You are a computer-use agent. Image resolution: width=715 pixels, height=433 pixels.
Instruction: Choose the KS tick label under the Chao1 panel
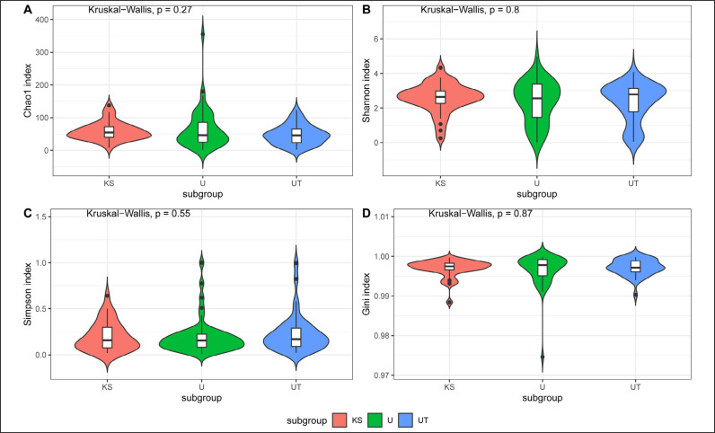point(109,183)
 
